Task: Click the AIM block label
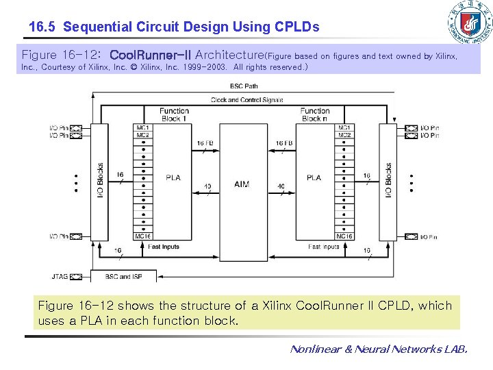pos(242,184)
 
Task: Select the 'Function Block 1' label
pos(174,114)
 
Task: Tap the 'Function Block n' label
pos(314,114)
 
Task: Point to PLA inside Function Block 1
pos(173,177)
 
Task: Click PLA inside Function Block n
pos(314,177)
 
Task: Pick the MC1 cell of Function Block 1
pos(143,127)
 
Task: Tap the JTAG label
pos(60,277)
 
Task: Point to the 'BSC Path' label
pos(244,86)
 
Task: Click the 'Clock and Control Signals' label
pos(246,100)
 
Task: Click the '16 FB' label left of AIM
pos(205,143)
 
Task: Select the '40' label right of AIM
pos(281,186)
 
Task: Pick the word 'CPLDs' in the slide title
pos(296,27)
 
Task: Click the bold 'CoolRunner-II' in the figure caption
pos(151,54)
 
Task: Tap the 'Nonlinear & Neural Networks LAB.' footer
pos(379,349)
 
